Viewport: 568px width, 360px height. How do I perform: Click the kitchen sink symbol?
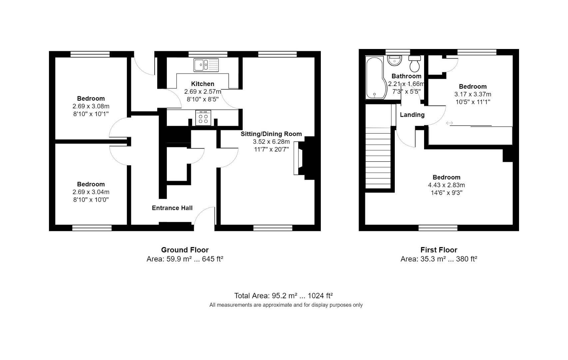206,65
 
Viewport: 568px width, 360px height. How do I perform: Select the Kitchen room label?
203,84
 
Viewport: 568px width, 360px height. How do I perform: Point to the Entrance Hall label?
172,208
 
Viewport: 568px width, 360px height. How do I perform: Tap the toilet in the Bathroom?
415,64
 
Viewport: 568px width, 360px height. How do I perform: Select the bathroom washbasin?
395,60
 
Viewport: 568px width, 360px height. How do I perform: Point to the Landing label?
412,115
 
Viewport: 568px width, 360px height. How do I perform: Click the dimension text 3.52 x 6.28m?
271,142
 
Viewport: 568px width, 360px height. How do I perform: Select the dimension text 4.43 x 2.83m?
446,185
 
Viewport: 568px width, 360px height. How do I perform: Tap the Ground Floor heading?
185,250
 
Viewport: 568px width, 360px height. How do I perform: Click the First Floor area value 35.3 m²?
423,259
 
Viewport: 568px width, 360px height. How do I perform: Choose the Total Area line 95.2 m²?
283,296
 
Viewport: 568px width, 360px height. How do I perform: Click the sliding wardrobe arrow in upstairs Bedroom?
449,123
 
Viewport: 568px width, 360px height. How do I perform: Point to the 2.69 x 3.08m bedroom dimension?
91,106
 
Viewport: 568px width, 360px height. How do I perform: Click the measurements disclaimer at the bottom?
286,305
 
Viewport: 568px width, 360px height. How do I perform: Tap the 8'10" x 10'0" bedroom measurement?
91,200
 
